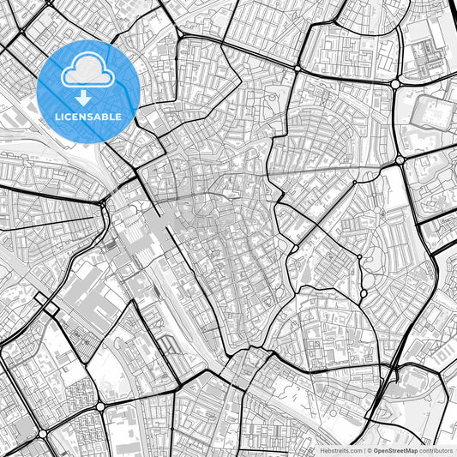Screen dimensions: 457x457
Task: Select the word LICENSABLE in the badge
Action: pyautogui.click(x=87, y=116)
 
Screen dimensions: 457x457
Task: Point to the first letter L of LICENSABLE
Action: pyautogui.click(x=57, y=116)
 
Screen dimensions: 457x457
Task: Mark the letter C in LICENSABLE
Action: pyautogui.click(x=69, y=116)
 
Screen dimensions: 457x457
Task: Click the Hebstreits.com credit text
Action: pyautogui.click(x=340, y=450)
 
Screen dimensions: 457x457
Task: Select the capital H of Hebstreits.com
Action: pyautogui.click(x=322, y=450)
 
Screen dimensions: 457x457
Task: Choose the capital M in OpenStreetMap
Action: pyautogui.click(x=411, y=450)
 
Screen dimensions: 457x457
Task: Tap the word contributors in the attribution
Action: pyautogui.click(x=436, y=450)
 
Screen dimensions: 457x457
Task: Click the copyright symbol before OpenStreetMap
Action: pyautogui.click(x=370, y=450)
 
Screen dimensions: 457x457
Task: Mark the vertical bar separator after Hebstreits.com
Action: pyautogui.click(x=364, y=450)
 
